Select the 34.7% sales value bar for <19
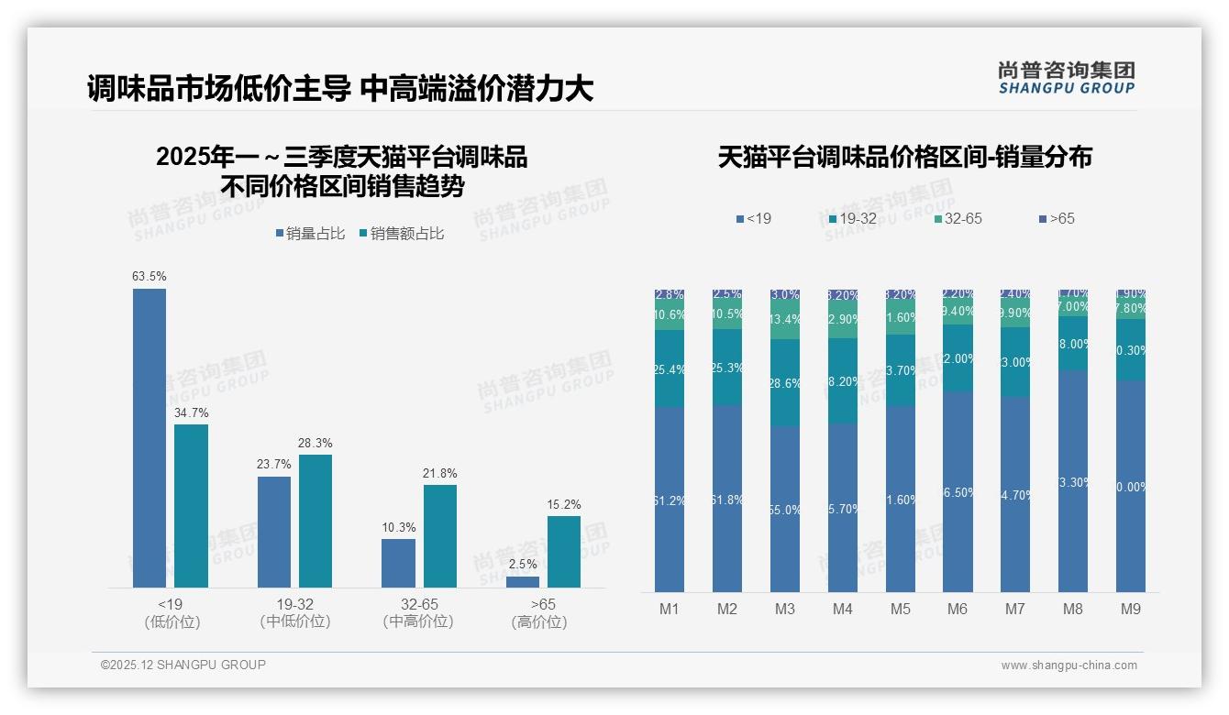click(191, 506)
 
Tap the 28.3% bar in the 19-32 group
click(316, 521)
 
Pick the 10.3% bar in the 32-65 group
click(398, 563)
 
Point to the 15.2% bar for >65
click(564, 552)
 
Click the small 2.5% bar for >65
click(523, 582)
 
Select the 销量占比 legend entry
click(310, 234)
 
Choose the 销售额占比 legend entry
click(402, 234)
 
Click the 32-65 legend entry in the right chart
click(958, 219)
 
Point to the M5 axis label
click(900, 610)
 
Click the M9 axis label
click(1131, 610)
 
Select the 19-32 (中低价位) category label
click(294, 613)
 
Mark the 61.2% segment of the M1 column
click(670, 500)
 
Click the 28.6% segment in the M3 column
click(785, 383)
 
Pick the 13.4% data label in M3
click(785, 320)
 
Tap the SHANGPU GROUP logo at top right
click(1066, 78)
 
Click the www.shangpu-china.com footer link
click(1068, 665)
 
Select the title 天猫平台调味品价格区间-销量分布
click(904, 158)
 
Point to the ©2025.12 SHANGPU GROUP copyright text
click(183, 665)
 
